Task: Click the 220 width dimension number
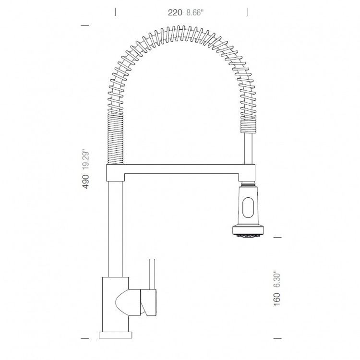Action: coord(175,12)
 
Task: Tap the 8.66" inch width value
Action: coord(195,12)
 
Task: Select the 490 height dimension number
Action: coord(85,181)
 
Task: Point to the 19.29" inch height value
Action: coord(85,160)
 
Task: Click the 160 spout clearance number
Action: coord(277,299)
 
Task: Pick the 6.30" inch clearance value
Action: coord(277,280)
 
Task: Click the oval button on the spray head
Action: coord(248,207)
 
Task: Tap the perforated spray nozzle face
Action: coord(248,235)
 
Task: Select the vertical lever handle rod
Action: coord(152,274)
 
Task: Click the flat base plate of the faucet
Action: coord(116,335)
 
